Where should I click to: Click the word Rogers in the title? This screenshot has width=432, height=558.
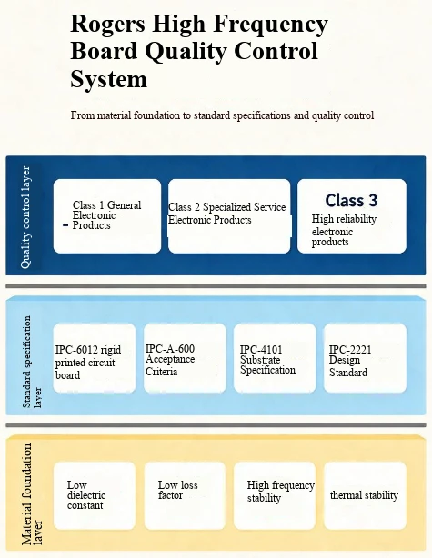point(107,25)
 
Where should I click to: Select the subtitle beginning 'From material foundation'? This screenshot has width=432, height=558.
point(222,115)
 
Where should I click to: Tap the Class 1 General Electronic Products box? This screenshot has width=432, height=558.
point(107,216)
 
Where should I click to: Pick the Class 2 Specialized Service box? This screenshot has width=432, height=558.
point(229,216)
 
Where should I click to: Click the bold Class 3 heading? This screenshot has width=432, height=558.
point(351,200)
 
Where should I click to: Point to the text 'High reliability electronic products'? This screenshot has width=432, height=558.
point(344,230)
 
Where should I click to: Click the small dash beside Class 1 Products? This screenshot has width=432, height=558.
point(65,225)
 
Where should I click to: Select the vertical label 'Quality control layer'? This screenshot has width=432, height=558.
point(25,217)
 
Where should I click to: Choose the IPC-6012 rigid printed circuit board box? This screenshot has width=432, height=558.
point(95,358)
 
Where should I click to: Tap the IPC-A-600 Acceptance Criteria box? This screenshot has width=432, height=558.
point(185,358)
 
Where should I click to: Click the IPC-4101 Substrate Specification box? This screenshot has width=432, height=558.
point(275,358)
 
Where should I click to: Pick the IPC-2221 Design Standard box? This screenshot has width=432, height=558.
point(365,358)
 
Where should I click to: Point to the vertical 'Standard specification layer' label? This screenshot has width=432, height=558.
point(32,362)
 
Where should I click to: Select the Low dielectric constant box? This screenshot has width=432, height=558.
point(95,495)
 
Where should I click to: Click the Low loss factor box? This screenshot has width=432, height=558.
point(186,495)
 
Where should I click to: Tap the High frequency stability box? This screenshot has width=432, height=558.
point(275,495)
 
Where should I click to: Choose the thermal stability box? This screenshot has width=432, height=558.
point(365,495)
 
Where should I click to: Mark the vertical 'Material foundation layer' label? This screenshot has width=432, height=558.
point(32,494)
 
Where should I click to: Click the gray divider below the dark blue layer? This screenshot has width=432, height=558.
point(216,286)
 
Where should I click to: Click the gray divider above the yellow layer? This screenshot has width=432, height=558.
point(216,425)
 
